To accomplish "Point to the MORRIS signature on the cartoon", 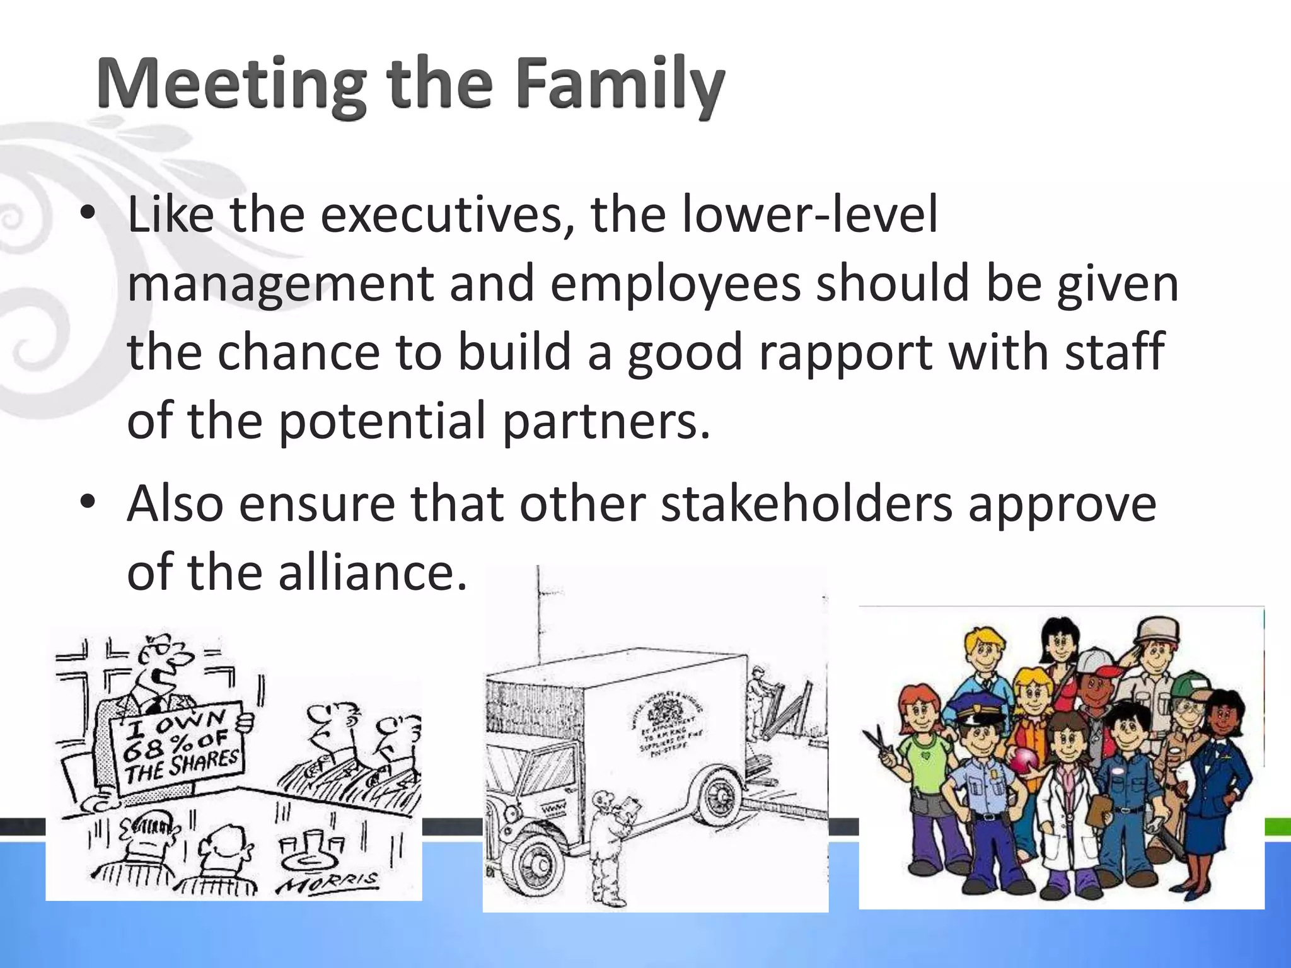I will [x=328, y=882].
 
